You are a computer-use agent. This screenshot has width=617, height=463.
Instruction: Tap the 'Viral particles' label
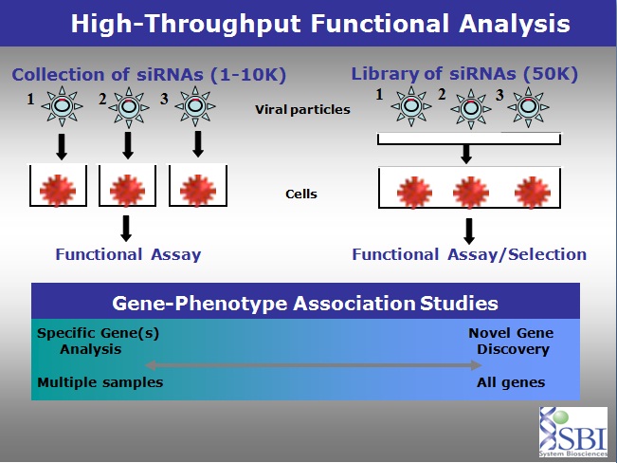click(x=301, y=110)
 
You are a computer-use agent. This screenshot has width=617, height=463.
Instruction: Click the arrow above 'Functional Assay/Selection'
click(x=467, y=231)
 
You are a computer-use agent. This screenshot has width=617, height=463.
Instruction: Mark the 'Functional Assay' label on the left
click(x=128, y=253)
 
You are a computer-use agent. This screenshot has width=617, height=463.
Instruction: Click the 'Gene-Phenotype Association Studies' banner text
click(x=305, y=305)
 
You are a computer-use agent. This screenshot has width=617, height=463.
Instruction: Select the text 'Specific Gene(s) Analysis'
click(x=80, y=341)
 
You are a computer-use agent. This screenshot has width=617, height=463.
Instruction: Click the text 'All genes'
click(x=512, y=382)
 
